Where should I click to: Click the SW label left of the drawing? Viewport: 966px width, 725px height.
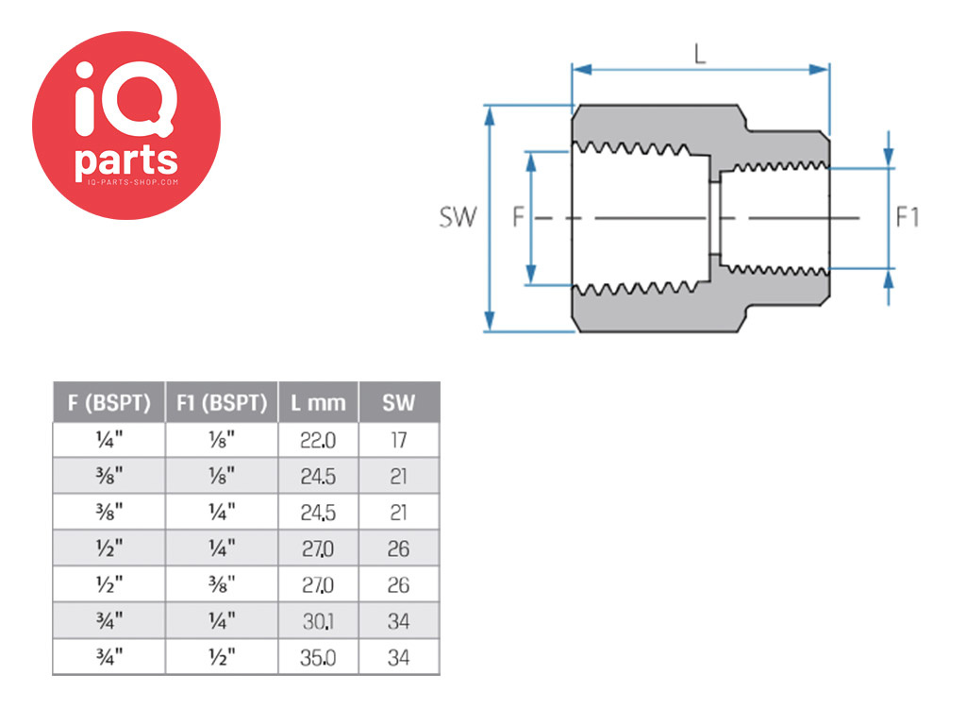[458, 217]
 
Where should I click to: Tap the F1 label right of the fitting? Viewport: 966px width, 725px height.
[907, 217]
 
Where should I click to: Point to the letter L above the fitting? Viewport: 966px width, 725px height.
[700, 54]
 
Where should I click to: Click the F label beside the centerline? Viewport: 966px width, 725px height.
[519, 217]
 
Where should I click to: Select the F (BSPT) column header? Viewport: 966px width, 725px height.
[109, 402]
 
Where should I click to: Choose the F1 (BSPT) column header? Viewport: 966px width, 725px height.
[222, 402]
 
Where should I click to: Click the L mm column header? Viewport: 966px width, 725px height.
[318, 403]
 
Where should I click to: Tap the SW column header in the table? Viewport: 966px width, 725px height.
[399, 403]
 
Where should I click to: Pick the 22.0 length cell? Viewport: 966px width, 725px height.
[318, 440]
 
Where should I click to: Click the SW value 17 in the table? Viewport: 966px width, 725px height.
[399, 440]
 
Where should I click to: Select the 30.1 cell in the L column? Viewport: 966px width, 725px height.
[318, 621]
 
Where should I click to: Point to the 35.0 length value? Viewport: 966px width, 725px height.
[318, 658]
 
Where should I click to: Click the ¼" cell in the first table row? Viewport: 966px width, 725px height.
[109, 440]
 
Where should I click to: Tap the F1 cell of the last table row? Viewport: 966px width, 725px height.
[222, 657]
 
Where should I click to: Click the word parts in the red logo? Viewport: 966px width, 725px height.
[126, 160]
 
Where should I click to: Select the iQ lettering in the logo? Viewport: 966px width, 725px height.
[125, 98]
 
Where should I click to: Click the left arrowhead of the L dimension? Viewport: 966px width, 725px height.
[582, 70]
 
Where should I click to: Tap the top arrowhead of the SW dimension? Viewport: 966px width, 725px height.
[490, 116]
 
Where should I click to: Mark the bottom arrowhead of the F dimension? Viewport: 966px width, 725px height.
[531, 274]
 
